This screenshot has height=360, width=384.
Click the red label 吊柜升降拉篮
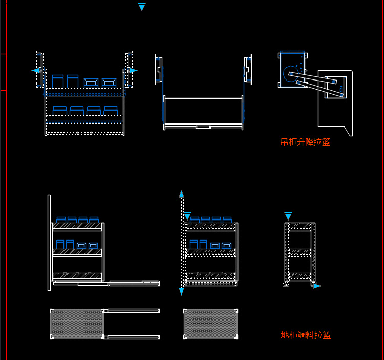305,142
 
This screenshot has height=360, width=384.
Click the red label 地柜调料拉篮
306,335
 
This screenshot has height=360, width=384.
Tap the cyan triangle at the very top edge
142,7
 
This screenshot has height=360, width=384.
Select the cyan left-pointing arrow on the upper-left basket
36,70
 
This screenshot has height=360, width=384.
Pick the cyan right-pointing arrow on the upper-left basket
133,70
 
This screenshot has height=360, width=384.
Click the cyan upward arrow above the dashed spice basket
181,194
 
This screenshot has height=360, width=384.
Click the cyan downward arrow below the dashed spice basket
181,291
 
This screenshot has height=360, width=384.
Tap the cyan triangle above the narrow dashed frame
288,215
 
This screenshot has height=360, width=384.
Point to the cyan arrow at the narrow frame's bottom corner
317,286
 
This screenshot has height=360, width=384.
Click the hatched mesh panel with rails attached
77,324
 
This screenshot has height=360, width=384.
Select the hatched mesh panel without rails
211,324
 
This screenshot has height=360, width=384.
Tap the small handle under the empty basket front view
203,127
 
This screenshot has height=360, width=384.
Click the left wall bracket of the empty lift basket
159,70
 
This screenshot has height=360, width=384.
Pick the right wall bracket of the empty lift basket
248,70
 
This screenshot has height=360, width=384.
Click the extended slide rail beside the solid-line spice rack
133,282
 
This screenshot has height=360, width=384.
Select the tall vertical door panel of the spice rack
49,242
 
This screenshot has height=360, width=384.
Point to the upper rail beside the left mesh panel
133,311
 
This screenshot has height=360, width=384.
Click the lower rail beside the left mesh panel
133,337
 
